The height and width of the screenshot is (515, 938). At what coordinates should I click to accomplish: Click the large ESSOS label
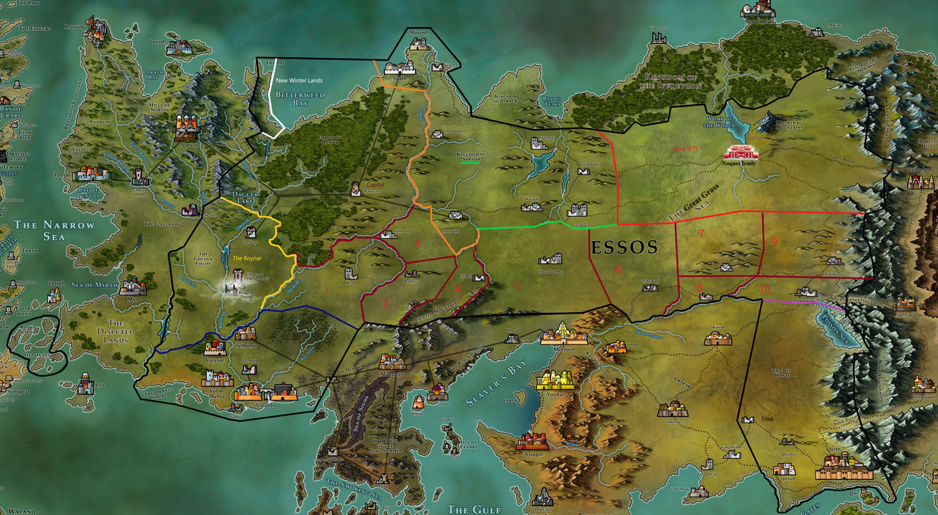[x=624, y=246]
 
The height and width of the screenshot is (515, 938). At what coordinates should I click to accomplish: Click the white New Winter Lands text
[x=300, y=80]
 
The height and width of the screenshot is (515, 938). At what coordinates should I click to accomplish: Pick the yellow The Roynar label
[x=247, y=258]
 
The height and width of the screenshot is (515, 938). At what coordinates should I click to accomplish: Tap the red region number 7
[x=701, y=234]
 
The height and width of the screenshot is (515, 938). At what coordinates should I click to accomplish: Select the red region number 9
[x=774, y=242]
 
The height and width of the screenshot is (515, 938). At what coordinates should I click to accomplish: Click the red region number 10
[x=764, y=289]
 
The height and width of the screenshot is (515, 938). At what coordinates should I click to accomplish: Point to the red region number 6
[x=618, y=270]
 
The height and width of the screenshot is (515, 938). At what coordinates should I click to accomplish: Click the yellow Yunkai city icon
[x=555, y=379]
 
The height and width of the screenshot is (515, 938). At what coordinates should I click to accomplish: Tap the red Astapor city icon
[x=532, y=440]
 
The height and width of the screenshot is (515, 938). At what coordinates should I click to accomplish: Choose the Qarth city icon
[x=843, y=466]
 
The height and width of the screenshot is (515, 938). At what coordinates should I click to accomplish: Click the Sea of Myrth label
[x=96, y=284]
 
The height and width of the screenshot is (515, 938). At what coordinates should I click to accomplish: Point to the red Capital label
[x=375, y=185]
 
